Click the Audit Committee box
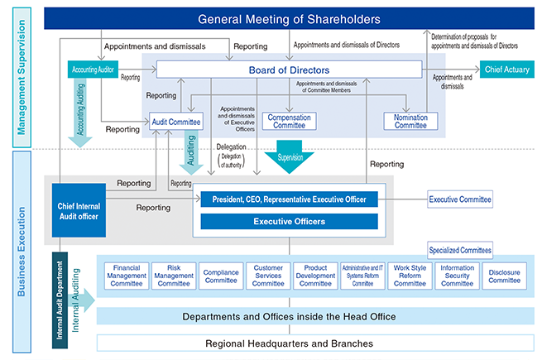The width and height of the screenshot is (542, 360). point(177,122)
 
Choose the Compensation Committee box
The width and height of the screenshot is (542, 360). point(290,122)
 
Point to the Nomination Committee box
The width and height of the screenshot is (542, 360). point(405,122)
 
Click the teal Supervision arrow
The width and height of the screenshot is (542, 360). point(289,158)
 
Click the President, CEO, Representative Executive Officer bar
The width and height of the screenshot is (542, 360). point(289,199)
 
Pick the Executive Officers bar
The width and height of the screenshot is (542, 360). point(289,222)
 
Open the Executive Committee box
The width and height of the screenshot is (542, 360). point(460,199)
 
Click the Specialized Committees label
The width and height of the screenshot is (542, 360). point(460,249)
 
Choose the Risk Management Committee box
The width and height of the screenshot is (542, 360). point(174,276)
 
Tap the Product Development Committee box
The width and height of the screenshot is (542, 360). point(316,276)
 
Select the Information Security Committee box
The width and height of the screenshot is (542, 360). point(458,276)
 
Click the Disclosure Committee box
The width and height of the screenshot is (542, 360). point(505,276)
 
